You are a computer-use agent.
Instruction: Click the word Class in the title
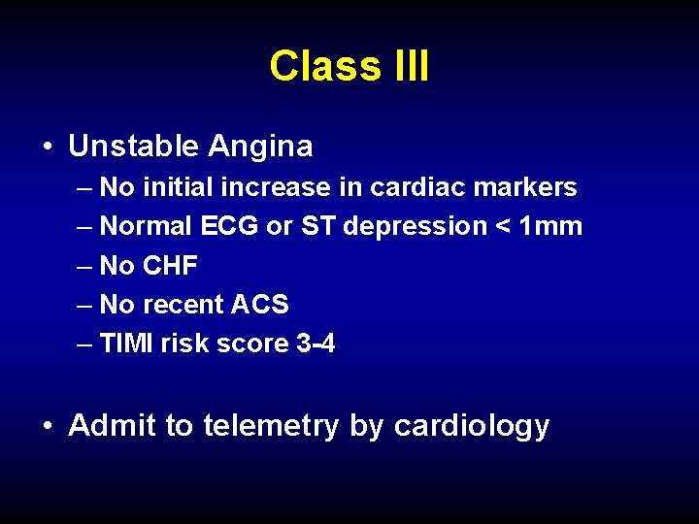[325, 66]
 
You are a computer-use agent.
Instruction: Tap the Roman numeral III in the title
[410, 66]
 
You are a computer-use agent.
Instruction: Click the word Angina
[259, 147]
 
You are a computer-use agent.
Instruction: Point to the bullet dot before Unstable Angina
[48, 147]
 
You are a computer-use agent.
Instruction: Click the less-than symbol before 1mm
[502, 227]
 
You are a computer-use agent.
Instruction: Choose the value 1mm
[551, 226]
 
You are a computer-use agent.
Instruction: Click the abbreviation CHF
[170, 266]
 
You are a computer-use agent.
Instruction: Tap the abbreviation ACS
[260, 305]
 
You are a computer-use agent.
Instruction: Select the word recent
[183, 305]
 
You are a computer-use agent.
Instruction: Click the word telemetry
[271, 426]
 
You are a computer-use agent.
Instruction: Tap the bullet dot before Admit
[48, 427]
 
